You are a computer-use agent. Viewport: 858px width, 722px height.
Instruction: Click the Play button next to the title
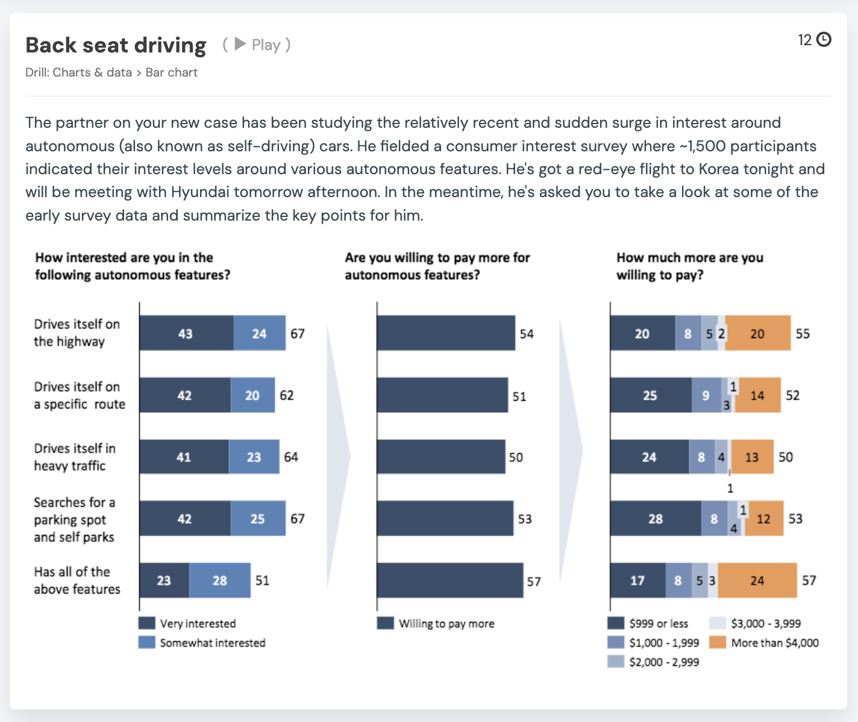coord(257,45)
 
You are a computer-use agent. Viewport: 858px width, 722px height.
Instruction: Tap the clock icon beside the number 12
coord(824,40)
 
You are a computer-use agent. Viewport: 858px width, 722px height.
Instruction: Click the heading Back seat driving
coord(116,45)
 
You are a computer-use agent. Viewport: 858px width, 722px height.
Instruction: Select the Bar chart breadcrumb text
coord(172,72)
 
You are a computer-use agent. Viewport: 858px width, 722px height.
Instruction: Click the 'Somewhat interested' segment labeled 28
coord(220,580)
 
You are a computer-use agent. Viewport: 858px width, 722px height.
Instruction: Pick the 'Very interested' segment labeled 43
coord(186,333)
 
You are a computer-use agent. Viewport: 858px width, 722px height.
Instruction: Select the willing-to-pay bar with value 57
coord(449,580)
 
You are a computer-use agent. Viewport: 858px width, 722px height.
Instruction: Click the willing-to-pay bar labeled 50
coord(440,457)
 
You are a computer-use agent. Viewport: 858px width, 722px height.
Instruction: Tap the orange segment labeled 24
coord(757,580)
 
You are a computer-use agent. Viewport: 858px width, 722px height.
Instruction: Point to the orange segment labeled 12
coord(763,518)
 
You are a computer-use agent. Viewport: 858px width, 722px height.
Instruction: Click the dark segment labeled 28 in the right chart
coord(655,518)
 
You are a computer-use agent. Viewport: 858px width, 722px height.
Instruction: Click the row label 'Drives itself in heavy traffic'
coord(74,457)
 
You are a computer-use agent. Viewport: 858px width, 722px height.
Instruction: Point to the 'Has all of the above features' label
coord(77,580)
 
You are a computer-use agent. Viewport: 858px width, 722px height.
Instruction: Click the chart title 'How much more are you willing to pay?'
coord(689,266)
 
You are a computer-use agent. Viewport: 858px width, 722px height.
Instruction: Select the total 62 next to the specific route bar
coord(287,395)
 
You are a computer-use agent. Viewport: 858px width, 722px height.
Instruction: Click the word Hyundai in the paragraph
coord(200,192)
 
